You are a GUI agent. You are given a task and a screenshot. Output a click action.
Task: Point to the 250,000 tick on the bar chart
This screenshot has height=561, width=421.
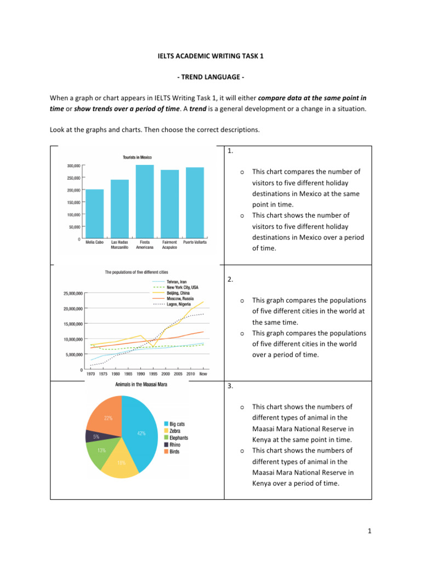coord(73,178)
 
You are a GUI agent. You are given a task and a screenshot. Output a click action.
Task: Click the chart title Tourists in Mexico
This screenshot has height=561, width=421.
coord(137,157)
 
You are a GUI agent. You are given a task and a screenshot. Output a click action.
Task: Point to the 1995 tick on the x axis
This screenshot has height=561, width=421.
coord(153,374)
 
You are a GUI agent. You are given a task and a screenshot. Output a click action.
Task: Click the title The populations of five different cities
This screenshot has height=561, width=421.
coord(136,272)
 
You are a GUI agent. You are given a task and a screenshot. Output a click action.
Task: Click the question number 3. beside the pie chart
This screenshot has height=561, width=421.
coord(230,386)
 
